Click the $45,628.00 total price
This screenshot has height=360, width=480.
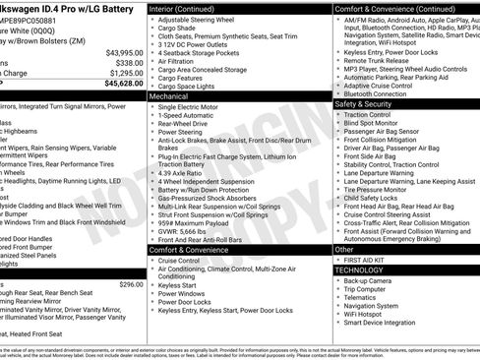[119, 84]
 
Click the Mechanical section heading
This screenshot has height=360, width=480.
[170, 97]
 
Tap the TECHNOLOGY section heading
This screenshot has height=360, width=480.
[359, 269]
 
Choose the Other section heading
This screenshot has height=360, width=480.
[345, 249]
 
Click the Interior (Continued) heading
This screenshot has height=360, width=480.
[189, 8]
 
